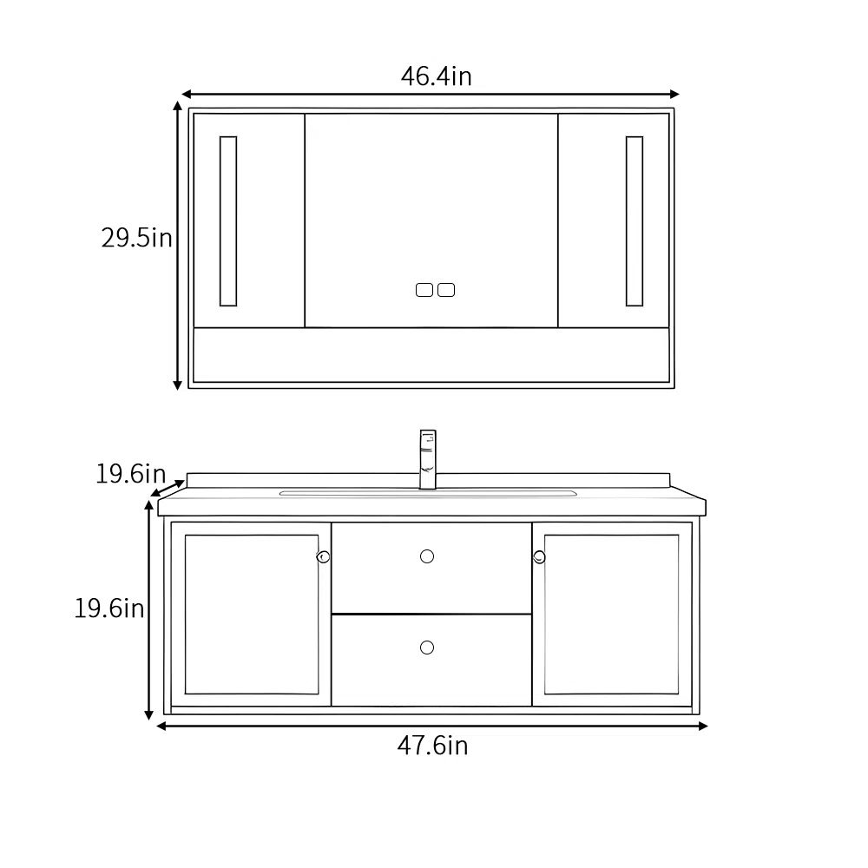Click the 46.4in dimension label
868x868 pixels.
(x=437, y=76)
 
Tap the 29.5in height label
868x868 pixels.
(x=137, y=238)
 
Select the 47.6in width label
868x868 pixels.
(x=432, y=746)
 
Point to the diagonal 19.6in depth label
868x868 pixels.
(x=131, y=474)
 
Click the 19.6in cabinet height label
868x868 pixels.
(x=109, y=608)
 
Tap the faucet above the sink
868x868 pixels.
(x=428, y=459)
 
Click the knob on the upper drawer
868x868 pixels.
(x=427, y=556)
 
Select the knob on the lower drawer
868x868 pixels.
(x=427, y=648)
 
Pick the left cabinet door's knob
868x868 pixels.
(x=323, y=557)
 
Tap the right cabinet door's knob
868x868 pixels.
(x=539, y=557)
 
